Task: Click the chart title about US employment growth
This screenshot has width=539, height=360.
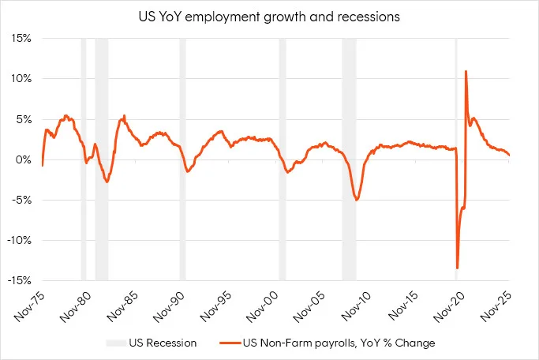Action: (270, 16)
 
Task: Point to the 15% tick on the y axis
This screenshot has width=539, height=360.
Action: (22, 38)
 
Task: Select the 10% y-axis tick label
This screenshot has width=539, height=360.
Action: (22, 78)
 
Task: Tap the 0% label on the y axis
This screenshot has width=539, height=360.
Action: (25, 159)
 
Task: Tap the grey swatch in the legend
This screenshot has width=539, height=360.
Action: (116, 343)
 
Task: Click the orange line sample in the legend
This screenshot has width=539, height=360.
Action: (223, 343)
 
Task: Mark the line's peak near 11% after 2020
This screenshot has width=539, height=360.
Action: (466, 72)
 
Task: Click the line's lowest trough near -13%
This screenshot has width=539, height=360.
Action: (457, 268)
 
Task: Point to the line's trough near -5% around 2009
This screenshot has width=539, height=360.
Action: (357, 200)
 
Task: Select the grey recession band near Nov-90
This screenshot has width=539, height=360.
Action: (182, 158)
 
